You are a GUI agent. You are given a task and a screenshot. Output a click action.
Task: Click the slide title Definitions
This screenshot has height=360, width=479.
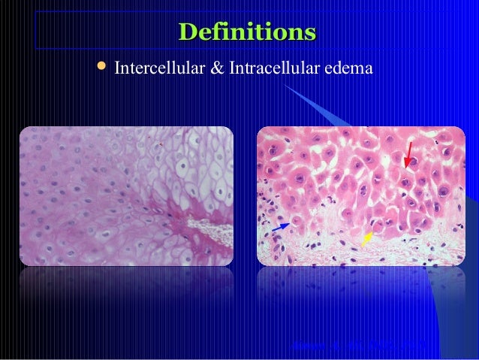247,33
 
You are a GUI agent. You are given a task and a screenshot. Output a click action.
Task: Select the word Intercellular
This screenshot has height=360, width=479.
156,69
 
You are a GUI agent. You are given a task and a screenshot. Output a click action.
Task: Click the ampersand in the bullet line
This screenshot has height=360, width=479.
216,69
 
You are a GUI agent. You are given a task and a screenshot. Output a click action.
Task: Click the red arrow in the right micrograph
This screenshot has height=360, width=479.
408,155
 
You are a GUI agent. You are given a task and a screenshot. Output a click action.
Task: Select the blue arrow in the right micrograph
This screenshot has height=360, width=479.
281,225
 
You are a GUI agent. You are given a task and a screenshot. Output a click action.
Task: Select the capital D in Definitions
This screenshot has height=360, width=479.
186,33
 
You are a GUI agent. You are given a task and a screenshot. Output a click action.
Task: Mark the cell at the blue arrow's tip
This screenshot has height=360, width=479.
297,220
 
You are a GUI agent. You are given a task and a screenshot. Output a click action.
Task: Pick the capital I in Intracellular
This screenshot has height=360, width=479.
233,69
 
